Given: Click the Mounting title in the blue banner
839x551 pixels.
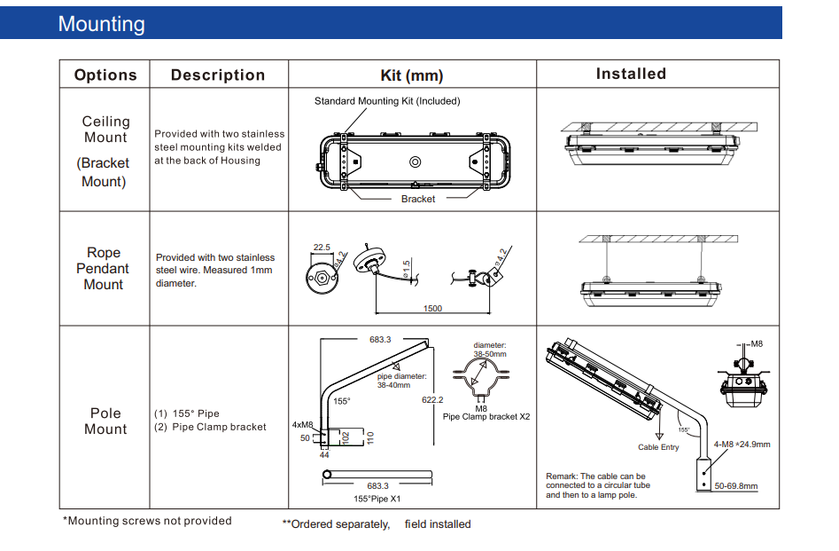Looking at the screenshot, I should [101, 24].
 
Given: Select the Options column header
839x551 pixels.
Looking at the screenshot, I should [105, 75].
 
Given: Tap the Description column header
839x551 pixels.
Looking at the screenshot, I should [218, 75].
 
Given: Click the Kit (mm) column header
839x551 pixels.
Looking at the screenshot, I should [412, 75].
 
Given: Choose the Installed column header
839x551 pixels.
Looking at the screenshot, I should [631, 75].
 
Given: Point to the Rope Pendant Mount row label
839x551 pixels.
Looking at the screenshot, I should [103, 269].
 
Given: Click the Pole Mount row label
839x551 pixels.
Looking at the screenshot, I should [105, 421].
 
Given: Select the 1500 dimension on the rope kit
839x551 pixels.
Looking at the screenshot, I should [432, 309].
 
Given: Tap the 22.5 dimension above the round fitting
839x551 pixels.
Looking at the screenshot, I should [322, 248].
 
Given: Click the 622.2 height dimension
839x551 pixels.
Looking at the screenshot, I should [434, 400].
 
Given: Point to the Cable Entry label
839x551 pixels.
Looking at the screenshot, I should [658, 447].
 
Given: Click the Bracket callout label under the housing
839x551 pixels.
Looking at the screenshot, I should [418, 199].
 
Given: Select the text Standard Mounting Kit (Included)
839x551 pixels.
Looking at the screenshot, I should [387, 101].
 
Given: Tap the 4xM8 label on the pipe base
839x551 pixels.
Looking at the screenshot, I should [303, 425].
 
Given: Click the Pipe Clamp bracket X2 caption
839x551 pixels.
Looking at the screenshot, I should [486, 416].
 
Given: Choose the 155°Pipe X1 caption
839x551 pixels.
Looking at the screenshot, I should [377, 500].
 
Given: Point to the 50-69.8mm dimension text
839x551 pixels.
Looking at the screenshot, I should [736, 486].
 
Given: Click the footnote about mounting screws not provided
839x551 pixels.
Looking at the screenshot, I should [147, 521].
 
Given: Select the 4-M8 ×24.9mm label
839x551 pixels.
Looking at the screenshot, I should [742, 445].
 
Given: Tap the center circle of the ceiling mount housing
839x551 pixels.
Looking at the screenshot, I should [414, 161].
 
